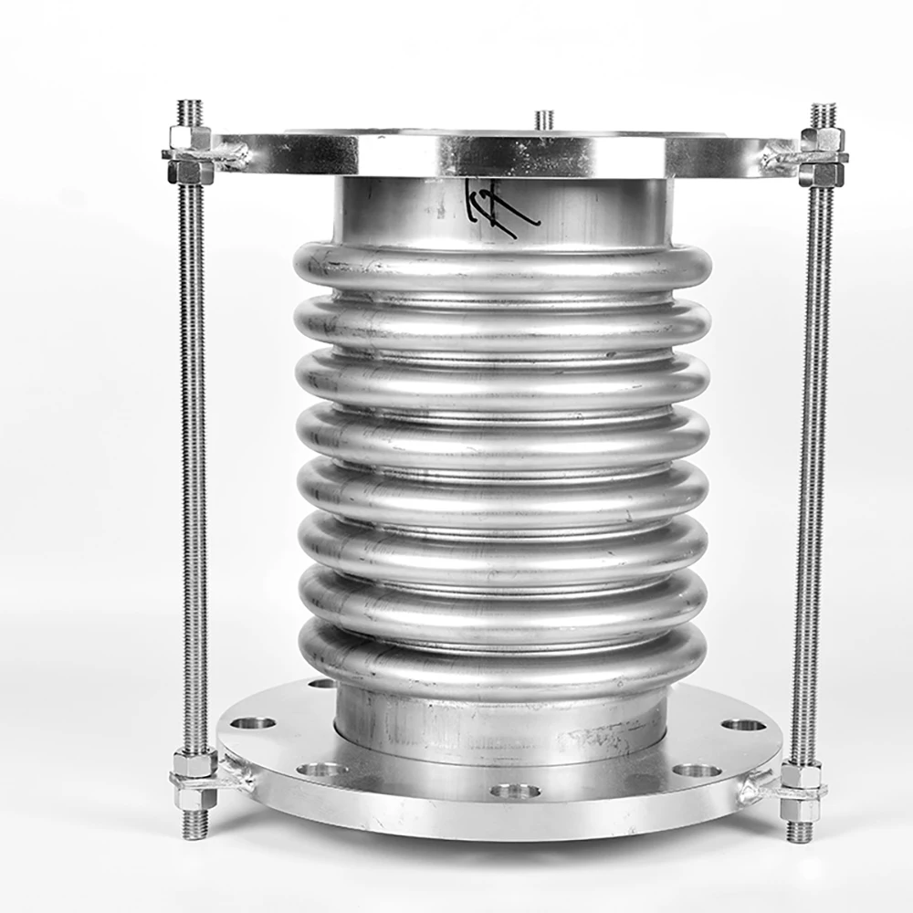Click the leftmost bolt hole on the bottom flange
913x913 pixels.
[x=253, y=723]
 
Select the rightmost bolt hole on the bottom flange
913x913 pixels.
[x=743, y=725]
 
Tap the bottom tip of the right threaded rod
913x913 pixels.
[x=800, y=830]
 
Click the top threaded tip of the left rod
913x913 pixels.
[x=191, y=111]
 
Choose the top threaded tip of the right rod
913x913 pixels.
[x=823, y=114]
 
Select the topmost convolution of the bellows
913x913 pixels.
[x=502, y=265]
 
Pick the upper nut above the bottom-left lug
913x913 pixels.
[x=194, y=761]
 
